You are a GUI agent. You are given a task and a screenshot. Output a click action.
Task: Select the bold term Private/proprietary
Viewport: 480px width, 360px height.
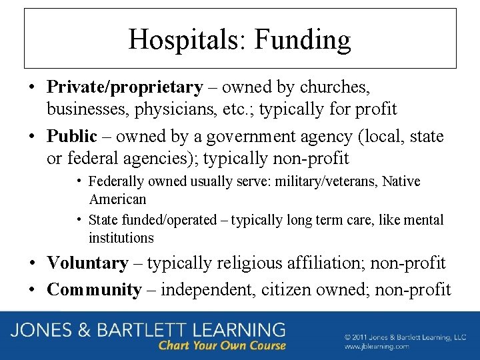coord(125,87)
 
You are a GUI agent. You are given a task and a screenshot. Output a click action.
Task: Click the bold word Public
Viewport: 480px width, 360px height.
coord(72,137)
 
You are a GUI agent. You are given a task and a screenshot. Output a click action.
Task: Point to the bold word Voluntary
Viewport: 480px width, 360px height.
coord(87,263)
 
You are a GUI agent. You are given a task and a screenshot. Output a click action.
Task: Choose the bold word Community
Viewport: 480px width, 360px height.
coord(95,290)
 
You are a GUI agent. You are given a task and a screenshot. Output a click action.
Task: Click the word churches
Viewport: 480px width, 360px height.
coord(335,87)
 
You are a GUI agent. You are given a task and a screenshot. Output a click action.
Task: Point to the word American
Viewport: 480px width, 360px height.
coord(117,199)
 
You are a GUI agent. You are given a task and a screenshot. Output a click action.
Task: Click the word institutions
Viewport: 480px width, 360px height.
coord(121,238)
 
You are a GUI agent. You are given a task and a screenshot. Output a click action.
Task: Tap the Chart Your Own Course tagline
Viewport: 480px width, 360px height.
coord(222,345)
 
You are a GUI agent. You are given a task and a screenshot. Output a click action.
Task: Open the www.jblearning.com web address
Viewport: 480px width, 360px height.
coord(377,347)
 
